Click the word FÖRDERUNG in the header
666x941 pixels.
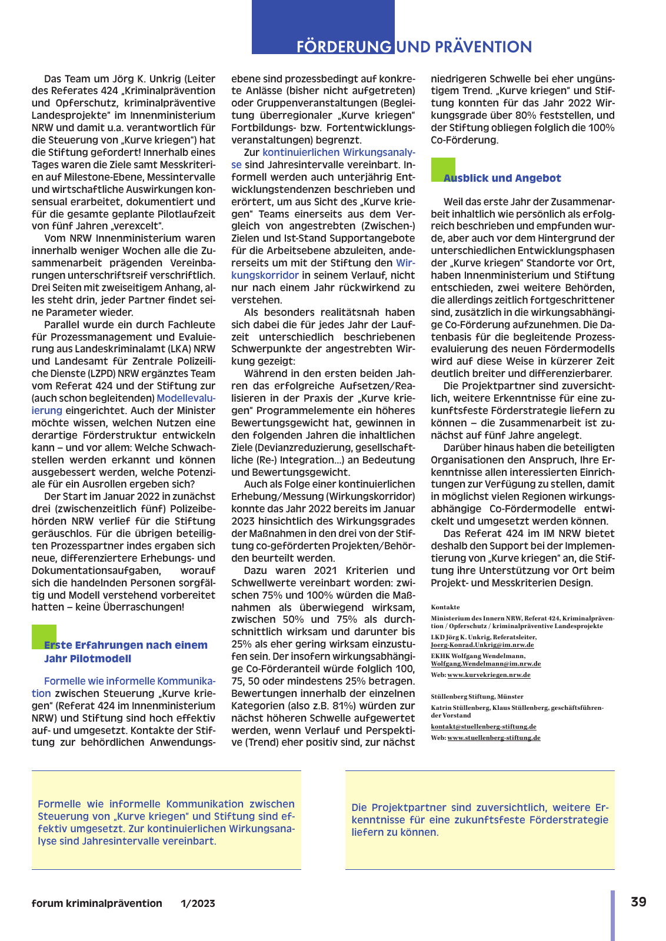(344, 46)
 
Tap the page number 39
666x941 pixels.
(638, 902)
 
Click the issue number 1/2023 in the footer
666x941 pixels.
(198, 903)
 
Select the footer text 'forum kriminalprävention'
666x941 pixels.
(97, 903)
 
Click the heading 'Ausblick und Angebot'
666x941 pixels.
(502, 178)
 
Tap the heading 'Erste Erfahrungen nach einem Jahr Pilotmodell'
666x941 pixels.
(125, 652)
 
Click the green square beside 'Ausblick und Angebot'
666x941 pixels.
(443, 169)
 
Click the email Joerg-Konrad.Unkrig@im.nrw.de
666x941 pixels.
(482, 645)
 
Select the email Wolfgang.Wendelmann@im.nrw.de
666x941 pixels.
(485, 663)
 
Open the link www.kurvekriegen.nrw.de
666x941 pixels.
(488, 675)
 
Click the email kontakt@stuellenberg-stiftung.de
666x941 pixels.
(483, 726)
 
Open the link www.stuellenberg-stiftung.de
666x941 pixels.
(494, 738)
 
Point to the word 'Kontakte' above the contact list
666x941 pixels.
(445, 607)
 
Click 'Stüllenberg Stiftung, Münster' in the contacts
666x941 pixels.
(477, 696)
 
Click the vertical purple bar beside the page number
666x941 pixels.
(612, 915)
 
